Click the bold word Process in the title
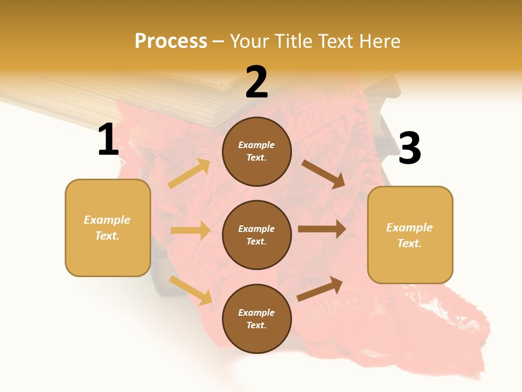pyautogui.click(x=171, y=41)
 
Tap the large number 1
pyautogui.click(x=108, y=140)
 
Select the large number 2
pyautogui.click(x=257, y=82)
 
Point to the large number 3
pyautogui.click(x=409, y=149)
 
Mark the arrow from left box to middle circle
pyautogui.click(x=190, y=230)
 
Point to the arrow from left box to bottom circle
pyautogui.click(x=190, y=290)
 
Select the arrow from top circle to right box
pyautogui.click(x=324, y=174)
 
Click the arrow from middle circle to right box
pyautogui.click(x=321, y=229)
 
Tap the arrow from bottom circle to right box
pyautogui.click(x=320, y=289)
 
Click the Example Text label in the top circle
pyautogui.click(x=257, y=151)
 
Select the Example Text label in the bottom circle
pyautogui.click(x=257, y=319)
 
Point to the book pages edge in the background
pyautogui.click(x=179, y=106)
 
